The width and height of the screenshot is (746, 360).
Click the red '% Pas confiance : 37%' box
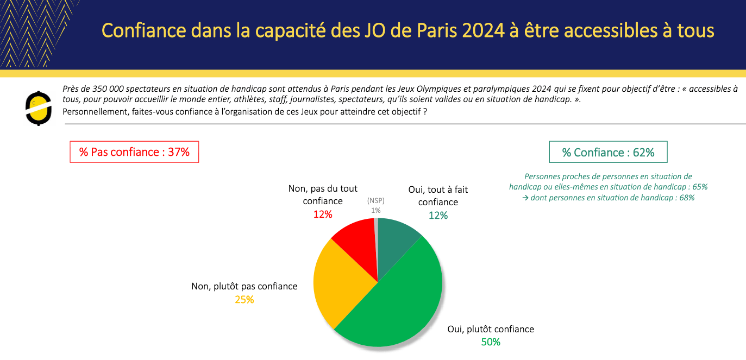pyautogui.click(x=134, y=152)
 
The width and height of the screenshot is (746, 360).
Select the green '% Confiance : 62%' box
pyautogui.click(x=608, y=152)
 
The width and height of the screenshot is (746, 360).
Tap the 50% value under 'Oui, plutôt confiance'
pyautogui.click(x=491, y=342)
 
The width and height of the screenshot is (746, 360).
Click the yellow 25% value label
pyautogui.click(x=244, y=300)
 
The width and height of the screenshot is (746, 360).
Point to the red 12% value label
pyautogui.click(x=323, y=214)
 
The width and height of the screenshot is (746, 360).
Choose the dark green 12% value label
pyautogui.click(x=438, y=216)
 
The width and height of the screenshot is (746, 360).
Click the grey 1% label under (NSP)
pyautogui.click(x=375, y=210)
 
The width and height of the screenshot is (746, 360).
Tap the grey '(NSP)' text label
pyautogui.click(x=375, y=200)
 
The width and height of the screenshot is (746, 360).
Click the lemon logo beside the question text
pyautogui.click(x=38, y=109)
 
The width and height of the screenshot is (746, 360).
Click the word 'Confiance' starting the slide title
pyautogui.click(x=144, y=30)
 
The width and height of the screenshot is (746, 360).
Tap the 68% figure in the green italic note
pyautogui.click(x=687, y=198)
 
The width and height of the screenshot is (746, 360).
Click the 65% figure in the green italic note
pyautogui.click(x=700, y=187)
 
